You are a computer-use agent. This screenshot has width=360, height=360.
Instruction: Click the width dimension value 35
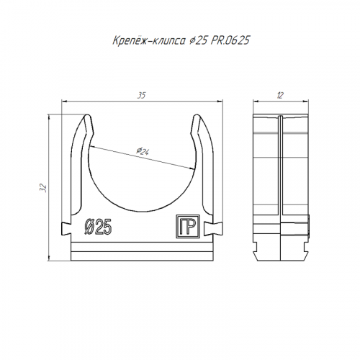[141, 95]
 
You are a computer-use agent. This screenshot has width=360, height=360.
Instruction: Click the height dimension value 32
[43, 188]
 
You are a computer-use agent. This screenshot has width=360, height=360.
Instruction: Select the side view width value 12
[280, 96]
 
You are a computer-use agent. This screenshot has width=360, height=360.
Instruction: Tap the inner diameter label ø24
[143, 151]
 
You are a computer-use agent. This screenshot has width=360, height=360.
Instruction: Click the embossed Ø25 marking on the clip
[98, 227]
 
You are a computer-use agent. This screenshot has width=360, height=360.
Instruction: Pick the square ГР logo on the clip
[188, 227]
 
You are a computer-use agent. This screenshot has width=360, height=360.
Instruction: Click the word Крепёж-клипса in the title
[149, 40]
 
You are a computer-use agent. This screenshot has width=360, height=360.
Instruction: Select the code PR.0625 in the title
[230, 40]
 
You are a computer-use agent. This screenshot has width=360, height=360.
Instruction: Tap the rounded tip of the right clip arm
[197, 117]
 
